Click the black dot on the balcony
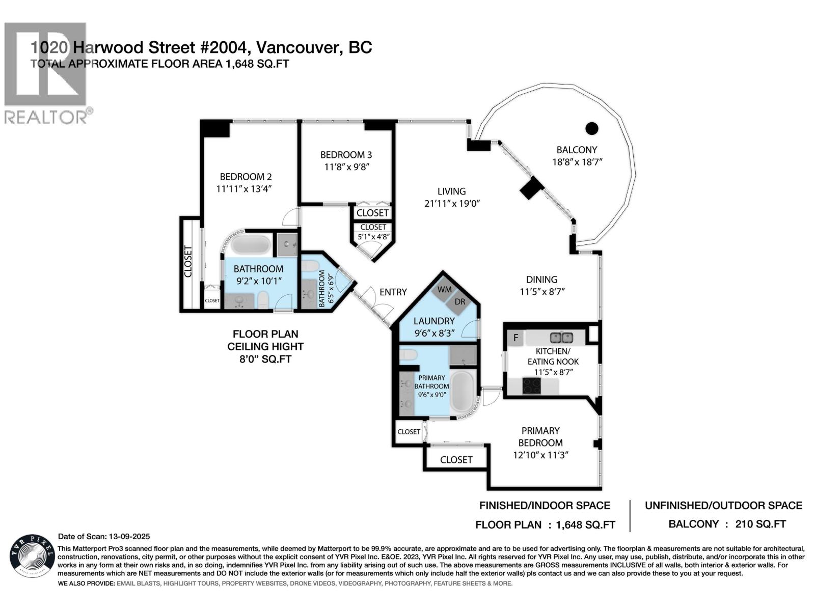coord(591,128)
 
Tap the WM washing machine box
coord(444,290)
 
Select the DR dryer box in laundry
coord(459,301)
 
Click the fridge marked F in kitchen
coord(515,338)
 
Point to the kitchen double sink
coord(561,338)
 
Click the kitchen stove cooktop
coord(533,385)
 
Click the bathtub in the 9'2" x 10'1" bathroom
coord(251,245)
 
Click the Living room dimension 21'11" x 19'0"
coord(451,203)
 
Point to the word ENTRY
coord(393,292)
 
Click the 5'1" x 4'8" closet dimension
coord(373,236)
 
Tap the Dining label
coord(541,279)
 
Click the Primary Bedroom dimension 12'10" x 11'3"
coord(540,455)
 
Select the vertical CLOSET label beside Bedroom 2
coord(188,262)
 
